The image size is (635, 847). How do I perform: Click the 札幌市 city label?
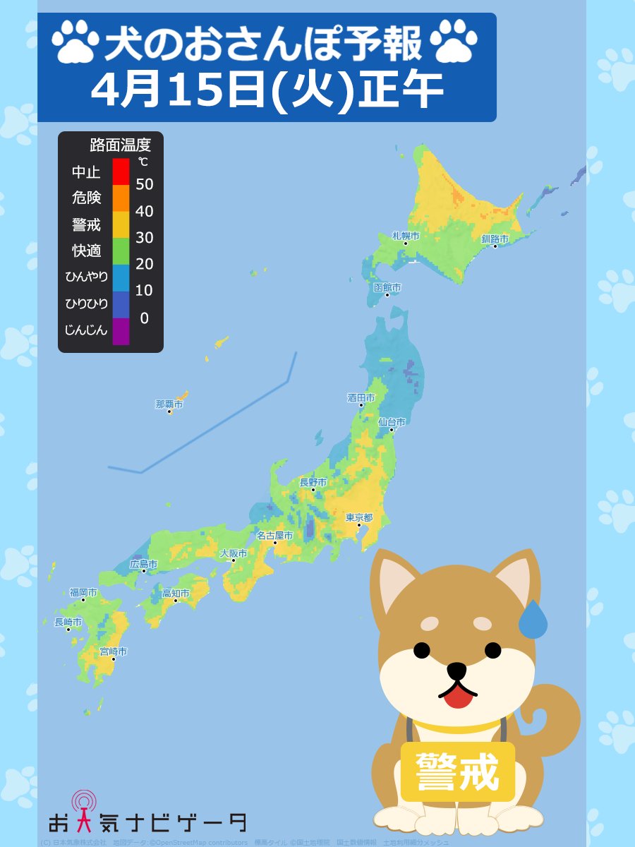[x=406, y=236]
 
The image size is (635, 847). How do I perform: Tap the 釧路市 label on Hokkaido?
[x=495, y=239]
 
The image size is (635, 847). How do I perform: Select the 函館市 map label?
[x=387, y=288]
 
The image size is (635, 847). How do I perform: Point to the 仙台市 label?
[x=392, y=422]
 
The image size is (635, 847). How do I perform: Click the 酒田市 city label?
[x=361, y=398]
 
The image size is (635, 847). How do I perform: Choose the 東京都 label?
[x=358, y=517]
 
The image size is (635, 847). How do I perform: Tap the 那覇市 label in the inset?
[x=169, y=404]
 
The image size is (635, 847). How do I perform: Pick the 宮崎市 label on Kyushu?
[x=113, y=651]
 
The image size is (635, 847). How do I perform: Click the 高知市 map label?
[x=176, y=594]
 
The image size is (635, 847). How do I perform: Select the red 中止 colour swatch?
[x=121, y=172]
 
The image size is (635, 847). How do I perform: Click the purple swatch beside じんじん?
[x=121, y=330]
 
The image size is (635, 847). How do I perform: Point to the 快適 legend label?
[x=87, y=251]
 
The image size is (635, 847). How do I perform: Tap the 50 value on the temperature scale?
[x=144, y=185]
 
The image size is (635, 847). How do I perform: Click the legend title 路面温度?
[x=121, y=146]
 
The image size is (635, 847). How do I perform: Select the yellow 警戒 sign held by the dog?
[x=457, y=771]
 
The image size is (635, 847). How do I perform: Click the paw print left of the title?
[x=75, y=42]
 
